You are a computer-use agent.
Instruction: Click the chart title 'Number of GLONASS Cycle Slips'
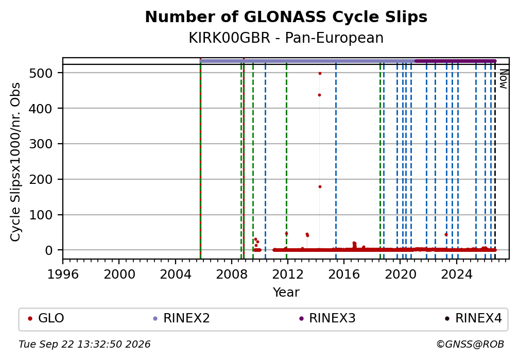(x=286, y=17)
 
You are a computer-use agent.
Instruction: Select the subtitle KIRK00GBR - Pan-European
(x=286, y=38)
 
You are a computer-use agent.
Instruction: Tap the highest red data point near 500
(x=320, y=73)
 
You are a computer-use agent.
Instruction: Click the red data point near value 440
(x=319, y=95)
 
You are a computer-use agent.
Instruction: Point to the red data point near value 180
(x=320, y=187)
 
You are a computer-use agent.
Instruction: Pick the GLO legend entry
(x=46, y=318)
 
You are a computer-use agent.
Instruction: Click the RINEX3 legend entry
(x=327, y=318)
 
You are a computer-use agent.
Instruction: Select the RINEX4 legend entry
(x=473, y=318)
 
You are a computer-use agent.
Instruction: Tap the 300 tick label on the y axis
(x=41, y=144)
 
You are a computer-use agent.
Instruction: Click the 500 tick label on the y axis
(x=41, y=73)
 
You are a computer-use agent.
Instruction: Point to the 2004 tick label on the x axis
(x=176, y=274)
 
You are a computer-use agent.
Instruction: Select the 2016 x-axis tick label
(x=344, y=274)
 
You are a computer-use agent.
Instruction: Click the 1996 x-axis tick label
(x=63, y=274)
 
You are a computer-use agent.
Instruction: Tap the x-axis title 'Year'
(x=286, y=292)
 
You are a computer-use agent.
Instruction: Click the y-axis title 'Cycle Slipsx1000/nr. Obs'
(x=15, y=162)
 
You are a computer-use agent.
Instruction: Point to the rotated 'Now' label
(x=504, y=79)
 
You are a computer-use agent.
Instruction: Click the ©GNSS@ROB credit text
(x=470, y=345)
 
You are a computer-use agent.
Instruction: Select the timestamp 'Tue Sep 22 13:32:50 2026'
(x=84, y=345)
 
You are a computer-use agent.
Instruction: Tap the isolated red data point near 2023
(x=446, y=234)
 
